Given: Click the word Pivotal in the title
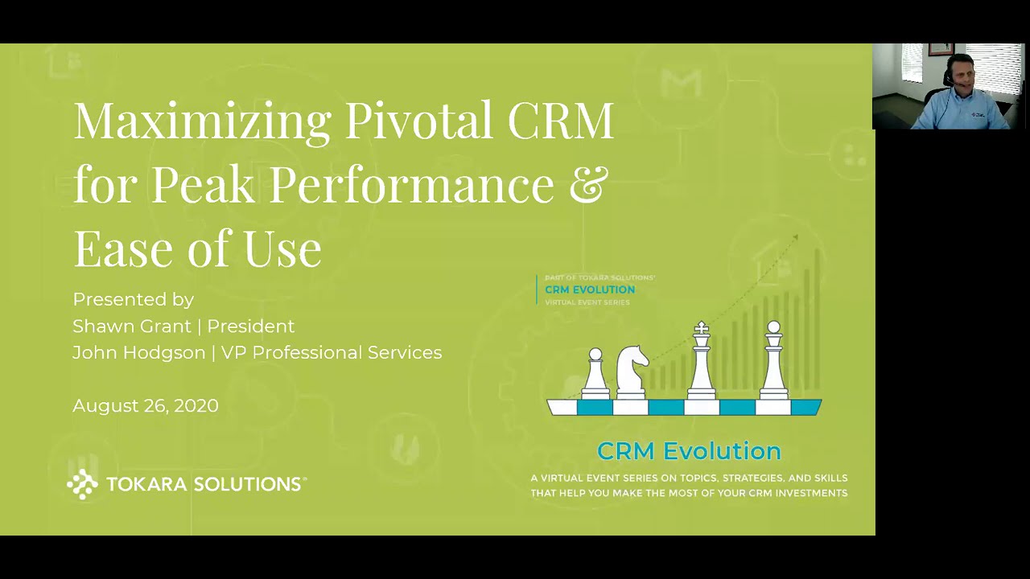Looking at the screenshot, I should (418, 121).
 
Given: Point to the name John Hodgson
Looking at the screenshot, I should (138, 352).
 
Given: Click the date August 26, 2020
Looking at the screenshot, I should (146, 405).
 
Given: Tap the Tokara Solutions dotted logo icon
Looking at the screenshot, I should (82, 484).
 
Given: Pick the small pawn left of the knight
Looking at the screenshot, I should (595, 374).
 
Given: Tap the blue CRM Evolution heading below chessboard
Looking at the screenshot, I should (689, 450).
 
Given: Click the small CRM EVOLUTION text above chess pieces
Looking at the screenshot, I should (590, 289).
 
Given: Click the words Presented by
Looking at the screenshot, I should (134, 299).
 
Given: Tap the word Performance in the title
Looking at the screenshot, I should (411, 183).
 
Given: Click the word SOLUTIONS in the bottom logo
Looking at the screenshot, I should (246, 484).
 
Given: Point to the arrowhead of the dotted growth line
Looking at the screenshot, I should (794, 238).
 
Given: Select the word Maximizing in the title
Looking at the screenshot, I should (202, 121).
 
